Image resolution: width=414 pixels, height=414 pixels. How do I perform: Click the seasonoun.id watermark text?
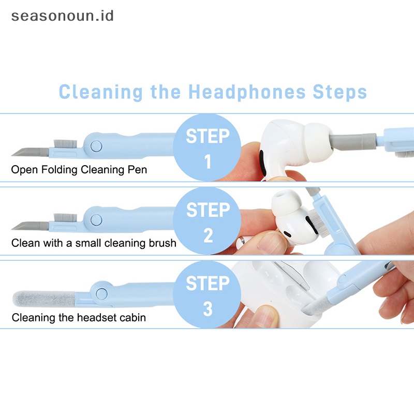click(62, 16)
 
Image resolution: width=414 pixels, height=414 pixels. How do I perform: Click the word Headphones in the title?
click(247, 92)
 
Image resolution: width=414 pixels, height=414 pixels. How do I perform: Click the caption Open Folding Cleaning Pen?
click(79, 169)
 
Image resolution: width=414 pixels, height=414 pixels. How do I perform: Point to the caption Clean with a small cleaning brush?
click(94, 243)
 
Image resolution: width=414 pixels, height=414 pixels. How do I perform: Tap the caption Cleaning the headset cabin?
click(79, 317)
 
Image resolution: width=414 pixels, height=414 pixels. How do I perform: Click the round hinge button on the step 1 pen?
click(96, 146)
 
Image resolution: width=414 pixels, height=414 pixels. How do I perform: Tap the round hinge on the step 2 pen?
click(96, 219)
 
